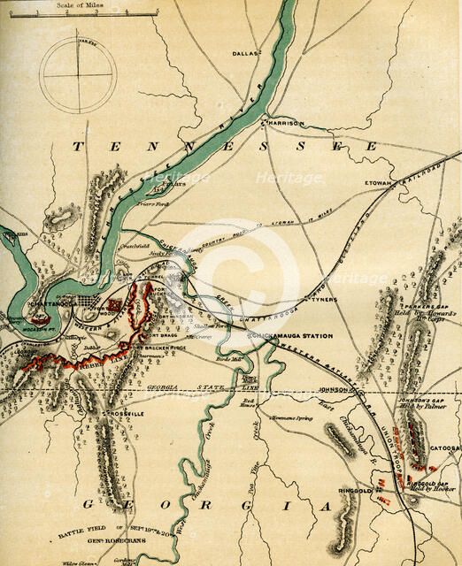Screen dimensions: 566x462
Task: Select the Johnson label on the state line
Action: (333, 387)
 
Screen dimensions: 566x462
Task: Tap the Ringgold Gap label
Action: (428, 484)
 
